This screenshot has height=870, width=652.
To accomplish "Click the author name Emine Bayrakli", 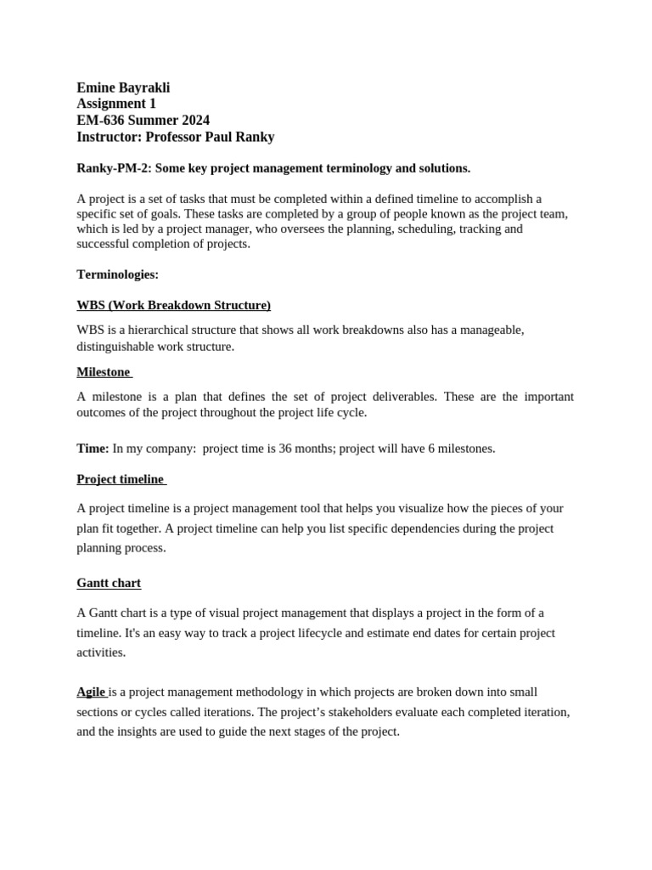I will [x=123, y=88].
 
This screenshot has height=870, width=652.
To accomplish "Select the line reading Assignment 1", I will [x=116, y=104].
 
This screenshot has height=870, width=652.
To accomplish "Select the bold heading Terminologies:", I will [x=117, y=274].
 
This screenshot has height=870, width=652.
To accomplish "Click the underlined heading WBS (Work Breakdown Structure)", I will [x=173, y=305].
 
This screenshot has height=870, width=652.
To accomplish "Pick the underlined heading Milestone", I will [x=103, y=372].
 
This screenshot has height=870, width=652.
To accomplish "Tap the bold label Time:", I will [x=93, y=449].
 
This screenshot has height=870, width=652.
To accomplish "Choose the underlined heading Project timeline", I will [x=120, y=479].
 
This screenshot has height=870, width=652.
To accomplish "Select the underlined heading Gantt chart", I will [x=109, y=583].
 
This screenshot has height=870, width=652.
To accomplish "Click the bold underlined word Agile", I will [x=91, y=692].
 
